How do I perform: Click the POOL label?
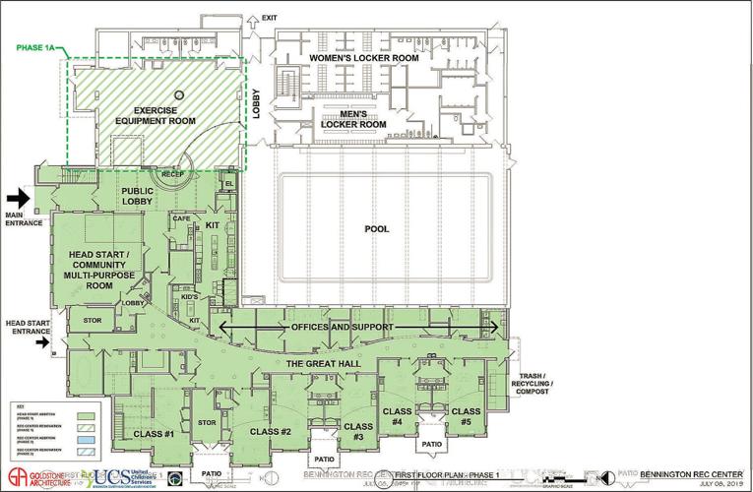[x=377, y=229]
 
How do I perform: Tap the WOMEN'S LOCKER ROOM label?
[x=364, y=59]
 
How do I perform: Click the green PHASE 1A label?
[x=38, y=45]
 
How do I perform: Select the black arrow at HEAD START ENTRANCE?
[x=43, y=343]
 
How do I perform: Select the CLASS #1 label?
[x=154, y=434]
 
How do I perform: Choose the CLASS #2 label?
[x=271, y=431]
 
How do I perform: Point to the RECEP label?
[x=173, y=174]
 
